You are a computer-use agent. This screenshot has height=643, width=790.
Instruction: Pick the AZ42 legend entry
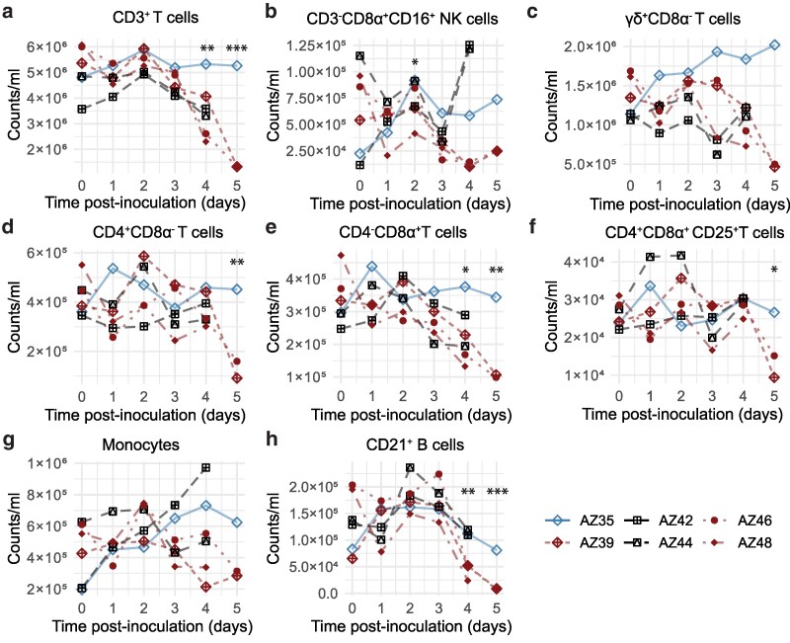pyautogui.click(x=659, y=520)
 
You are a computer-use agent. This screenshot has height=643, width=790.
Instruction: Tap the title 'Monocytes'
pyautogui.click(x=140, y=444)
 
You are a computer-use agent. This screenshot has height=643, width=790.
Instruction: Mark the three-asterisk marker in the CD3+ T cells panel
pyautogui.click(x=237, y=49)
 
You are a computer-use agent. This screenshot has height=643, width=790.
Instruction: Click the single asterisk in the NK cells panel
pyautogui.click(x=415, y=63)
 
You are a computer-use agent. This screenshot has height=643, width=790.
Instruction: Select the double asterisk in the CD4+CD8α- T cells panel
pyautogui.click(x=237, y=262)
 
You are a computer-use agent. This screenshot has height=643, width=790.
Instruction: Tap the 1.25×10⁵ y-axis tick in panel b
pyautogui.click(x=315, y=45)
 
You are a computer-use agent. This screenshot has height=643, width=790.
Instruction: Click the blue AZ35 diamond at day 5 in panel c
pyautogui.click(x=774, y=44)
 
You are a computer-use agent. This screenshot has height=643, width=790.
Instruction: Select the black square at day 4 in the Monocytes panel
pyautogui.click(x=205, y=468)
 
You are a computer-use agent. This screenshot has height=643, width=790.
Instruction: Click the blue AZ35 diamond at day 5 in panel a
pyautogui.click(x=237, y=65)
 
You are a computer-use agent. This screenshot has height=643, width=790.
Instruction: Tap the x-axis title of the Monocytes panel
pyautogui.click(x=152, y=626)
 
